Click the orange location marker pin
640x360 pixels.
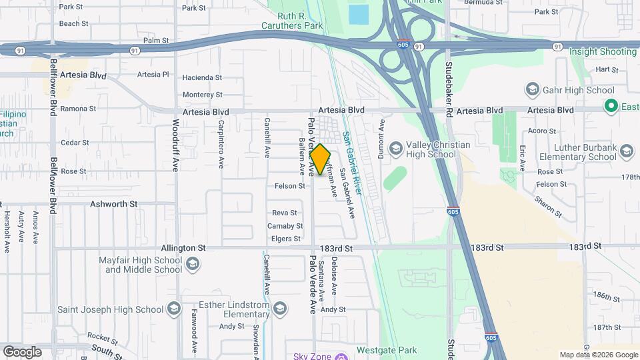320,159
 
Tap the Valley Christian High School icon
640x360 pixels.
395,147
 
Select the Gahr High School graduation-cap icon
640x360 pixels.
532,90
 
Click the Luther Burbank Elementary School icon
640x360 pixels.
626,151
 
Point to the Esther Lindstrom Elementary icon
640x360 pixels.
281,308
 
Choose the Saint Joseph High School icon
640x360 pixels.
174,309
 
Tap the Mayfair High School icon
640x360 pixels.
192,265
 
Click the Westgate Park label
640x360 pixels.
387,350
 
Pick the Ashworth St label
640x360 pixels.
113,204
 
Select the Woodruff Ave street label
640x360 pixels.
176,145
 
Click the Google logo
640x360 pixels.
22,351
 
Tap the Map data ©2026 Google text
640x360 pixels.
598,355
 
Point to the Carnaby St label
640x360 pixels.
285,226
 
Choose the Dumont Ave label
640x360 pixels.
383,134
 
